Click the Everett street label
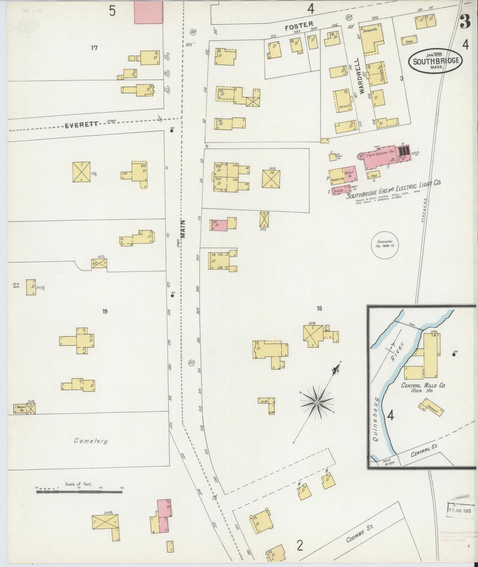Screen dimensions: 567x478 coord(81,125)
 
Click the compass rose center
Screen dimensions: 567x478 coord(317,402)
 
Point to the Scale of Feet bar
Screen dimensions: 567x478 coord(79,492)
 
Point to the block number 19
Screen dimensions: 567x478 coord(105,311)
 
